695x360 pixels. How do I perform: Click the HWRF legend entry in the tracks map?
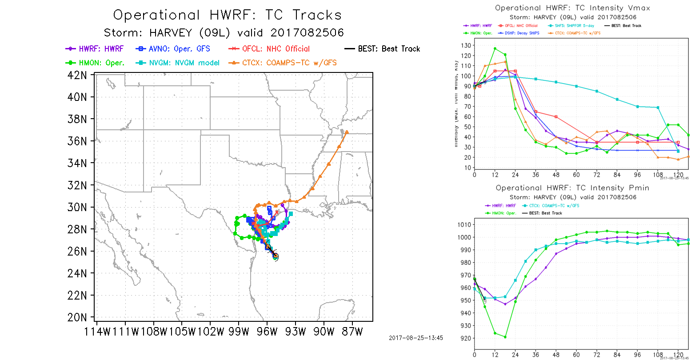(x=95, y=49)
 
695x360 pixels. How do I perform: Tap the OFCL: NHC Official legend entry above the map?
(x=269, y=49)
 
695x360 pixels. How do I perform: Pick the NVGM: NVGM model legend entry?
(x=179, y=63)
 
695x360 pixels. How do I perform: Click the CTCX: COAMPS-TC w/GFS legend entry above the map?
(x=283, y=63)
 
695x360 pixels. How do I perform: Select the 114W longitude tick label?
(x=96, y=332)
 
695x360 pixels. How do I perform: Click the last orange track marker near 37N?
(x=347, y=132)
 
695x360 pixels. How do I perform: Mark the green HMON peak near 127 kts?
(x=495, y=48)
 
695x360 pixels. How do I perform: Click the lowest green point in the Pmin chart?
(x=505, y=337)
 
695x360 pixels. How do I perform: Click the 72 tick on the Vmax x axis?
(x=597, y=175)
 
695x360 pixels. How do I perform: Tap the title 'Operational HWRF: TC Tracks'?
(x=227, y=15)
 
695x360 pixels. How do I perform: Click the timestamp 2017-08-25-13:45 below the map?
(x=415, y=338)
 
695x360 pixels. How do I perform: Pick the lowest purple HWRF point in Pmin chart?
(x=505, y=304)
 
